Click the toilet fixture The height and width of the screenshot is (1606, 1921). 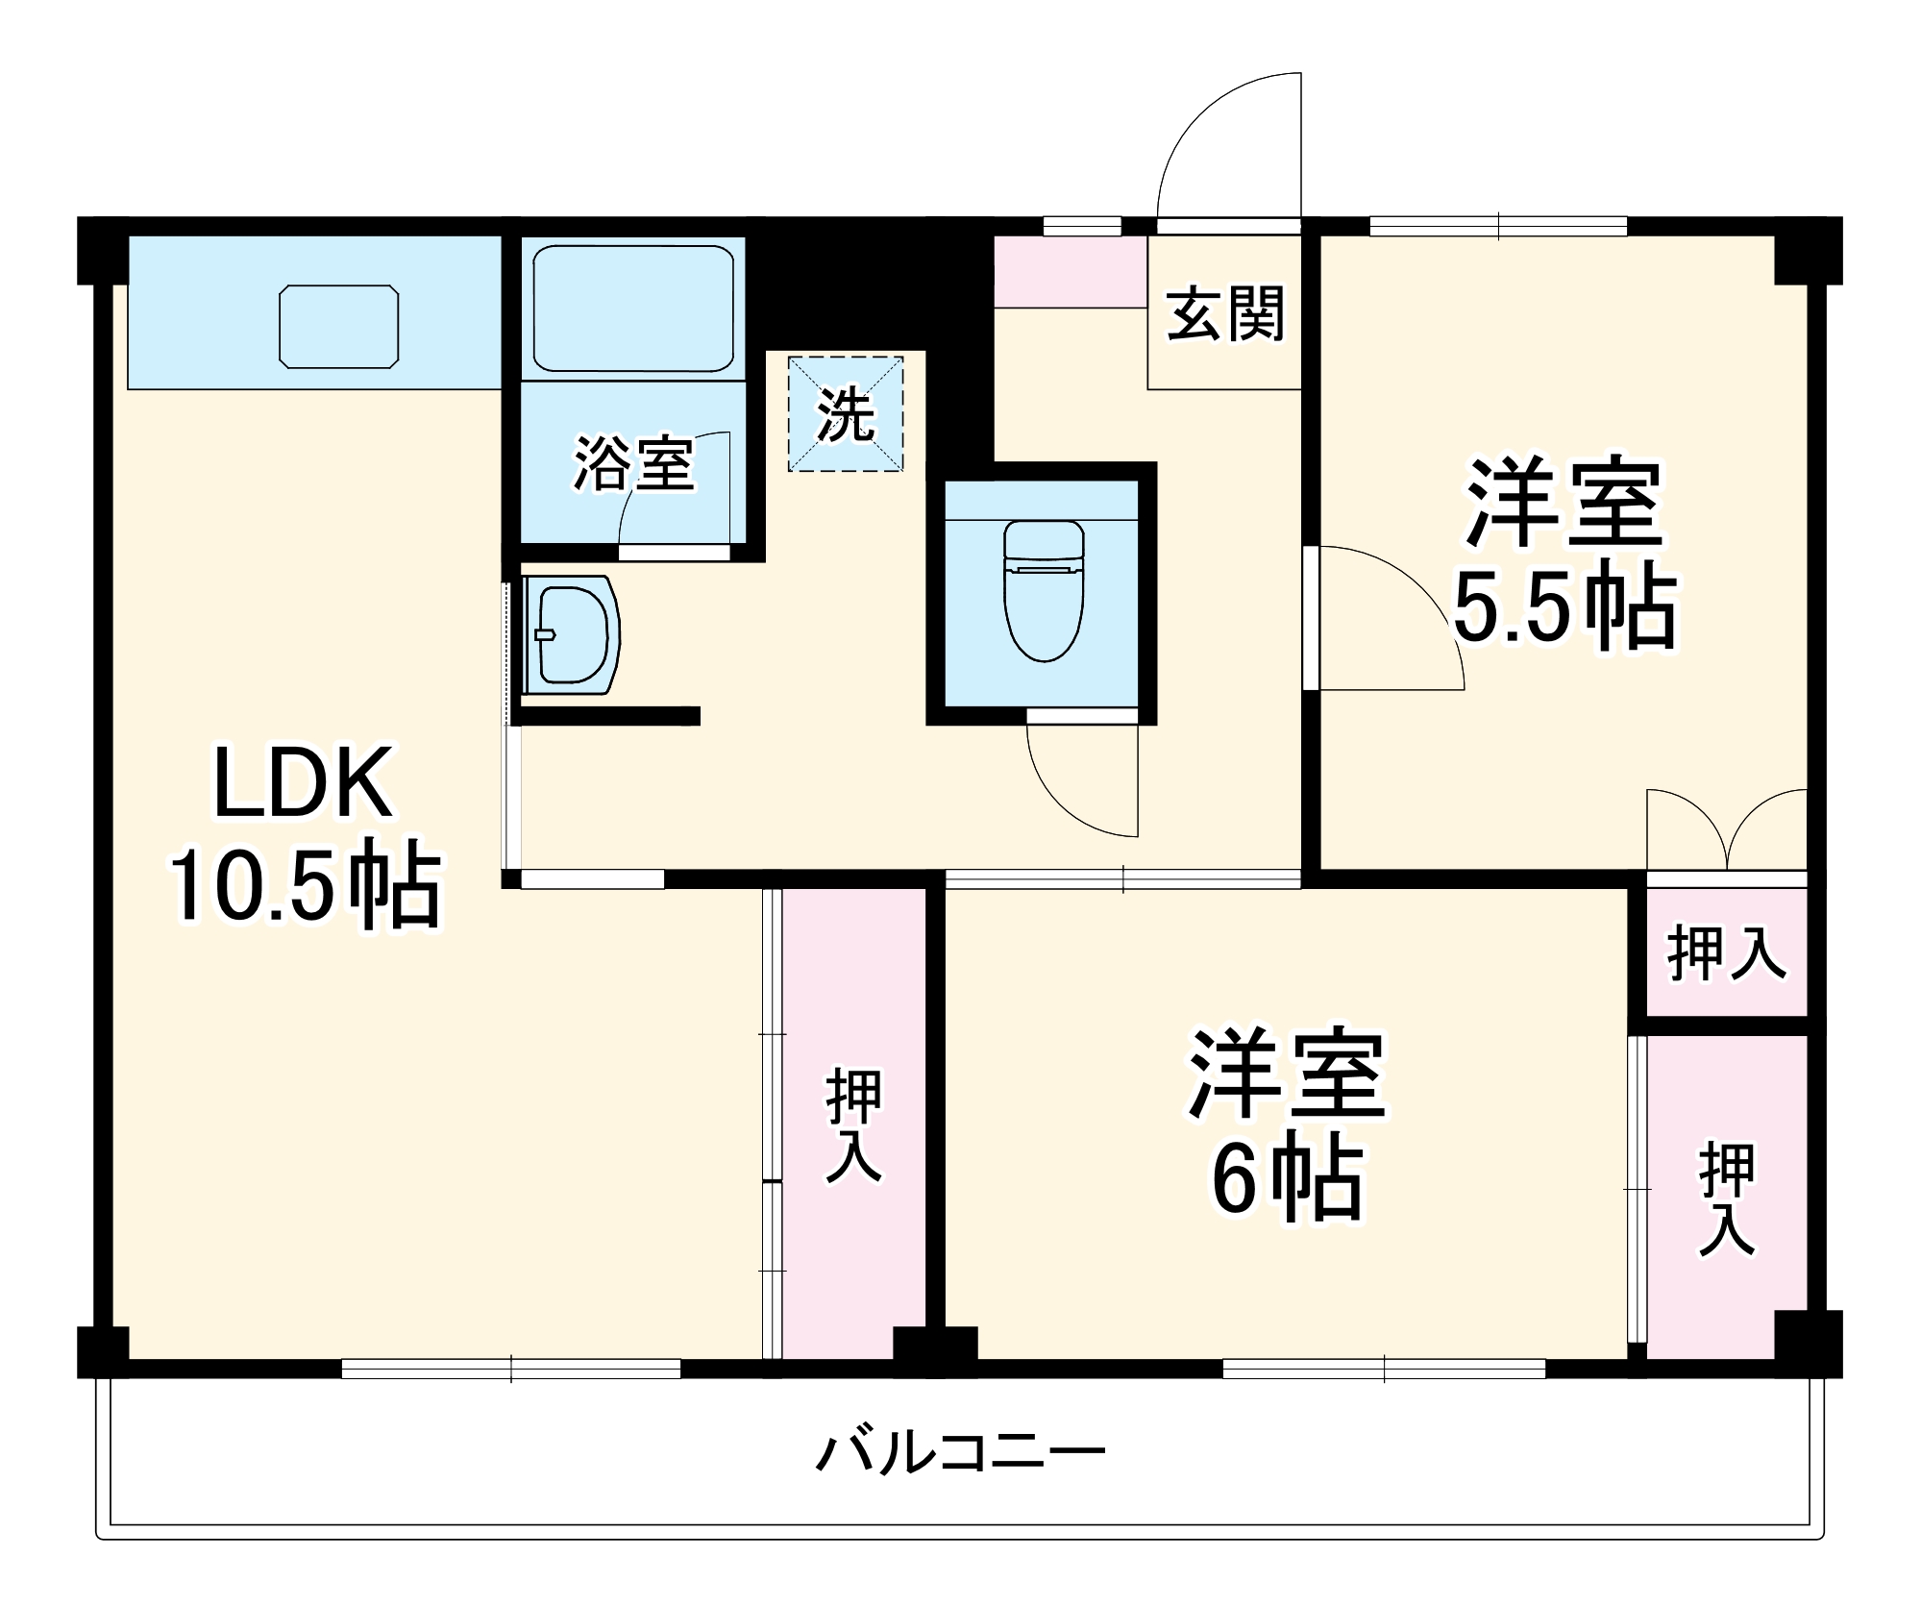[x=1044, y=590]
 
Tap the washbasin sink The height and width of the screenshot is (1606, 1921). [x=573, y=634]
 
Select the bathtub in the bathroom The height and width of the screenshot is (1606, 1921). [x=633, y=308]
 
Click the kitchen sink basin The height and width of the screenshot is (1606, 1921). [x=339, y=326]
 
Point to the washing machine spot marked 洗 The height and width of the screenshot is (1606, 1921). [x=846, y=414]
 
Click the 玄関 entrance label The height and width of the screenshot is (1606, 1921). [x=1225, y=313]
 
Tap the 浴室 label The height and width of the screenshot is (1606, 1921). [x=633, y=464]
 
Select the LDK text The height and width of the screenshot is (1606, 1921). [x=303, y=782]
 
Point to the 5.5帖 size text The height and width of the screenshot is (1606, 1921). [x=1564, y=607]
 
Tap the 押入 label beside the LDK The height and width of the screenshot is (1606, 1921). [x=853, y=1124]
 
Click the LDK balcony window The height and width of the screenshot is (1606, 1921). [x=511, y=1368]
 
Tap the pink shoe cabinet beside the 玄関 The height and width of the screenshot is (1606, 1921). [x=1071, y=271]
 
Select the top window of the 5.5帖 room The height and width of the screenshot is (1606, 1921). [x=1498, y=227]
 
